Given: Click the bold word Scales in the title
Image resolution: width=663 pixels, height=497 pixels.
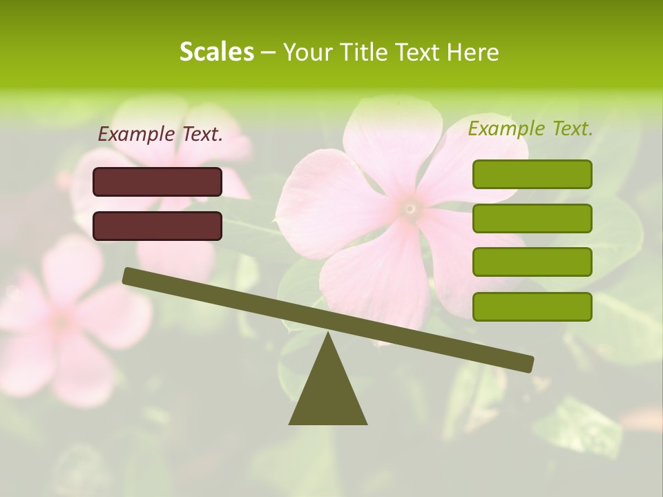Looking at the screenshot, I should coord(216,52).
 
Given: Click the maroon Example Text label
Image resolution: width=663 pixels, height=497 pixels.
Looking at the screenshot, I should coord(160,135).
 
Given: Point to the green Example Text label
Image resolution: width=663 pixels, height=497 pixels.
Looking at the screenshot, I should coord(530,129).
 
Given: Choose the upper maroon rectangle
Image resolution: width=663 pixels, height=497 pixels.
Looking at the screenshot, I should coord(157,182).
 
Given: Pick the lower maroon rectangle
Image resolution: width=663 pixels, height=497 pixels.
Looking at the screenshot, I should coord(157,226).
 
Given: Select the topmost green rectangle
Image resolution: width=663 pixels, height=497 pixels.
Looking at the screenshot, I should coord(532,174).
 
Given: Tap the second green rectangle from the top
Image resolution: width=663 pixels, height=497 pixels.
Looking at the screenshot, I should coord(532,218).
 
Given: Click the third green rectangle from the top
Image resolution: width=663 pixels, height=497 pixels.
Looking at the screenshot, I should coord(532,262).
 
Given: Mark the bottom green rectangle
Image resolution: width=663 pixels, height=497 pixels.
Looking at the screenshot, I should coord(532,306).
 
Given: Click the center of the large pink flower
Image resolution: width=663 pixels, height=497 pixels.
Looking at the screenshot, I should coord(410,206).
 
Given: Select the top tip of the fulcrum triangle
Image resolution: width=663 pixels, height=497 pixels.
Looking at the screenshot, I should coord(328,333).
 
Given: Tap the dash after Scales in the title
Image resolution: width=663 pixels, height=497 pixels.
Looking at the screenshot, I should coord(268,53).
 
